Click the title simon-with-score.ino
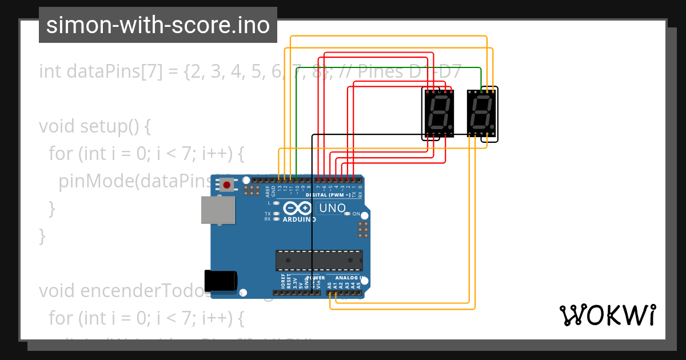pyautogui.click(x=158, y=25)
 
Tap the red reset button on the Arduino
pyautogui.click(x=228, y=185)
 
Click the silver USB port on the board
pyautogui.click(x=218, y=210)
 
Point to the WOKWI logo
pyautogui.click(x=607, y=315)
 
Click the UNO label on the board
pyautogui.click(x=332, y=208)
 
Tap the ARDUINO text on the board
pyautogui.click(x=299, y=219)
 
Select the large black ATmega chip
pyautogui.click(x=319, y=260)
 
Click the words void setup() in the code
pyautogui.click(x=94, y=126)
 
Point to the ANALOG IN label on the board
pyautogui.click(x=350, y=278)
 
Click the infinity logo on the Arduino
pyautogui.click(x=297, y=209)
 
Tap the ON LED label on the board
pyautogui.click(x=356, y=214)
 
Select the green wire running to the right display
pyautogui.click(x=389, y=67)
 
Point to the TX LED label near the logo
pyautogui.click(x=268, y=214)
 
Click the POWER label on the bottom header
pyautogui.click(x=316, y=278)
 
